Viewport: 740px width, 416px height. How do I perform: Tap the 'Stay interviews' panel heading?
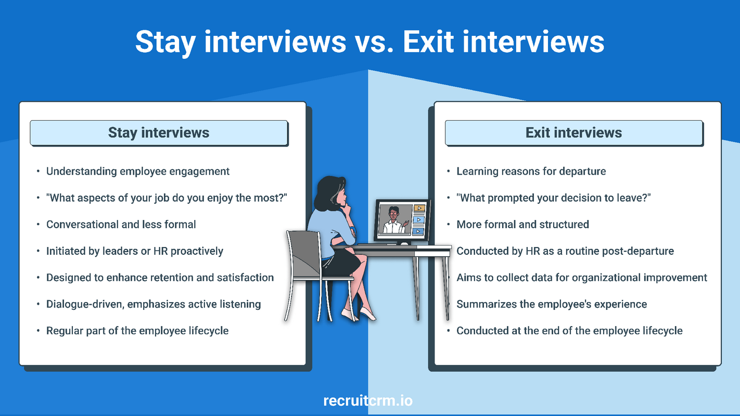point(159,133)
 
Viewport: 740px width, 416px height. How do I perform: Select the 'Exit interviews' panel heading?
point(573,133)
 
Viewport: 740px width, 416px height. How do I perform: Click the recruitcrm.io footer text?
point(368,401)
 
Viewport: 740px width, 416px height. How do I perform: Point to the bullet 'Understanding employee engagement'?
point(138,171)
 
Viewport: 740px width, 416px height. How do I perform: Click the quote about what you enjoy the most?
point(167,198)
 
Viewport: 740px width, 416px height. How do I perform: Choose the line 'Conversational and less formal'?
point(121,225)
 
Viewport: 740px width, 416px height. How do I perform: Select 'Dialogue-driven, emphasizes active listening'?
point(154,304)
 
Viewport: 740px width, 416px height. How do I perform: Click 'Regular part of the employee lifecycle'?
point(137,331)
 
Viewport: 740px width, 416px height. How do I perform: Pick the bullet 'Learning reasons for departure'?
point(531,171)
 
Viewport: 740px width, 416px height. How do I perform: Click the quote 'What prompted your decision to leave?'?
point(554,198)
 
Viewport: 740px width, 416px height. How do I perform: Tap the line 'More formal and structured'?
point(522,225)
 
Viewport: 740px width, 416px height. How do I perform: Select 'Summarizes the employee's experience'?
point(552,304)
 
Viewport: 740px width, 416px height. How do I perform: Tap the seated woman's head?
point(331,193)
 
